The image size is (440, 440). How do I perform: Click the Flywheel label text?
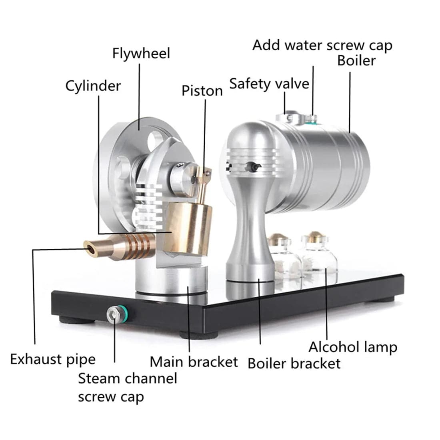(141, 53)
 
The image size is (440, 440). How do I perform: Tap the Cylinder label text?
(93, 86)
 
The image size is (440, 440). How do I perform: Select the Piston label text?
(202, 90)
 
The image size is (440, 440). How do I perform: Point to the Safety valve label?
(269, 84)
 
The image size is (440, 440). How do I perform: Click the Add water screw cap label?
(322, 45)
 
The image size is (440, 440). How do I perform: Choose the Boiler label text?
(356, 60)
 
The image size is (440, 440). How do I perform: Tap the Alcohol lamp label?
(353, 347)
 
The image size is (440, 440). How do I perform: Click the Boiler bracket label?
(294, 364)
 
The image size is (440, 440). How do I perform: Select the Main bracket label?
(194, 362)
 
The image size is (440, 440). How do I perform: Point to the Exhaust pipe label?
(53, 359)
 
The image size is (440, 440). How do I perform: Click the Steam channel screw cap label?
(127, 387)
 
